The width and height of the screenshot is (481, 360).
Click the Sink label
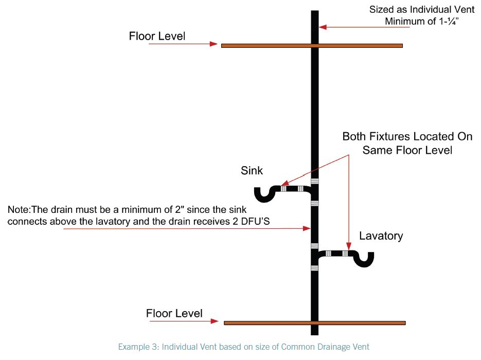252,171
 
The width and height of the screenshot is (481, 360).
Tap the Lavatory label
381,236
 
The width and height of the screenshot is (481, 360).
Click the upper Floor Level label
157,36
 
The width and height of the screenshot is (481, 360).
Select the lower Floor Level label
174,313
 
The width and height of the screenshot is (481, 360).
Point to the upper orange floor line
312,46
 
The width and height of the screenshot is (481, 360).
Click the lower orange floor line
315,323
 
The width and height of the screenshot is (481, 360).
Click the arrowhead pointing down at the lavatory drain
348,246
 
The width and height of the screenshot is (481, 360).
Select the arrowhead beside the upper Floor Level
214,44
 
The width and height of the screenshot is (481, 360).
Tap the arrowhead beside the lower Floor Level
215,321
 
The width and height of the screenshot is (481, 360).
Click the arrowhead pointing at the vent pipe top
323,27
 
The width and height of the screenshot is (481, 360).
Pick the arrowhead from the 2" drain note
307,228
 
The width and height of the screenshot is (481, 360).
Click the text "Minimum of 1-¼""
422,22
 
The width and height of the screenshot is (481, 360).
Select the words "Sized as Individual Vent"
422,9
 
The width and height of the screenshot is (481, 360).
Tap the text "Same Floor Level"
407,150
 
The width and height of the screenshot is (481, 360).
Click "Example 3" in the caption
138,347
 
